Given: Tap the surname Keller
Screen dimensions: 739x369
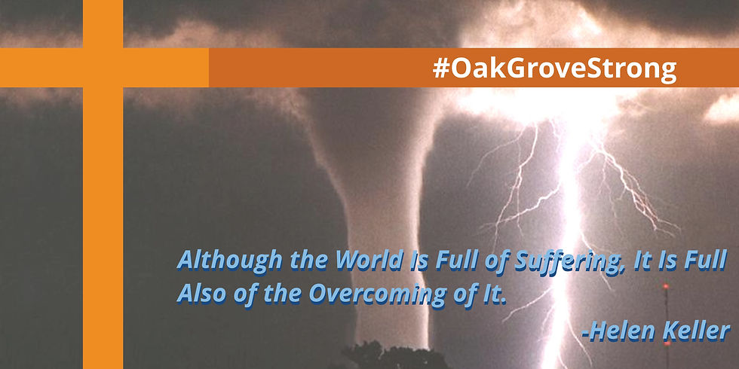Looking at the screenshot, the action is click(x=697, y=331).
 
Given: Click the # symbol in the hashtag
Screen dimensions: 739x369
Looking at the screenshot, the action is click(x=440, y=69).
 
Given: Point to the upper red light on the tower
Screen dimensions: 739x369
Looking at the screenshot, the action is click(x=665, y=286).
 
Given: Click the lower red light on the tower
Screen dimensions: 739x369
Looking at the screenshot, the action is click(x=667, y=343).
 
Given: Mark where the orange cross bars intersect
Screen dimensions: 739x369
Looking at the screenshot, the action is click(x=103, y=68).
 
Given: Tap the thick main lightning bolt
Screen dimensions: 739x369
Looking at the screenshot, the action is click(x=568, y=235).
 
